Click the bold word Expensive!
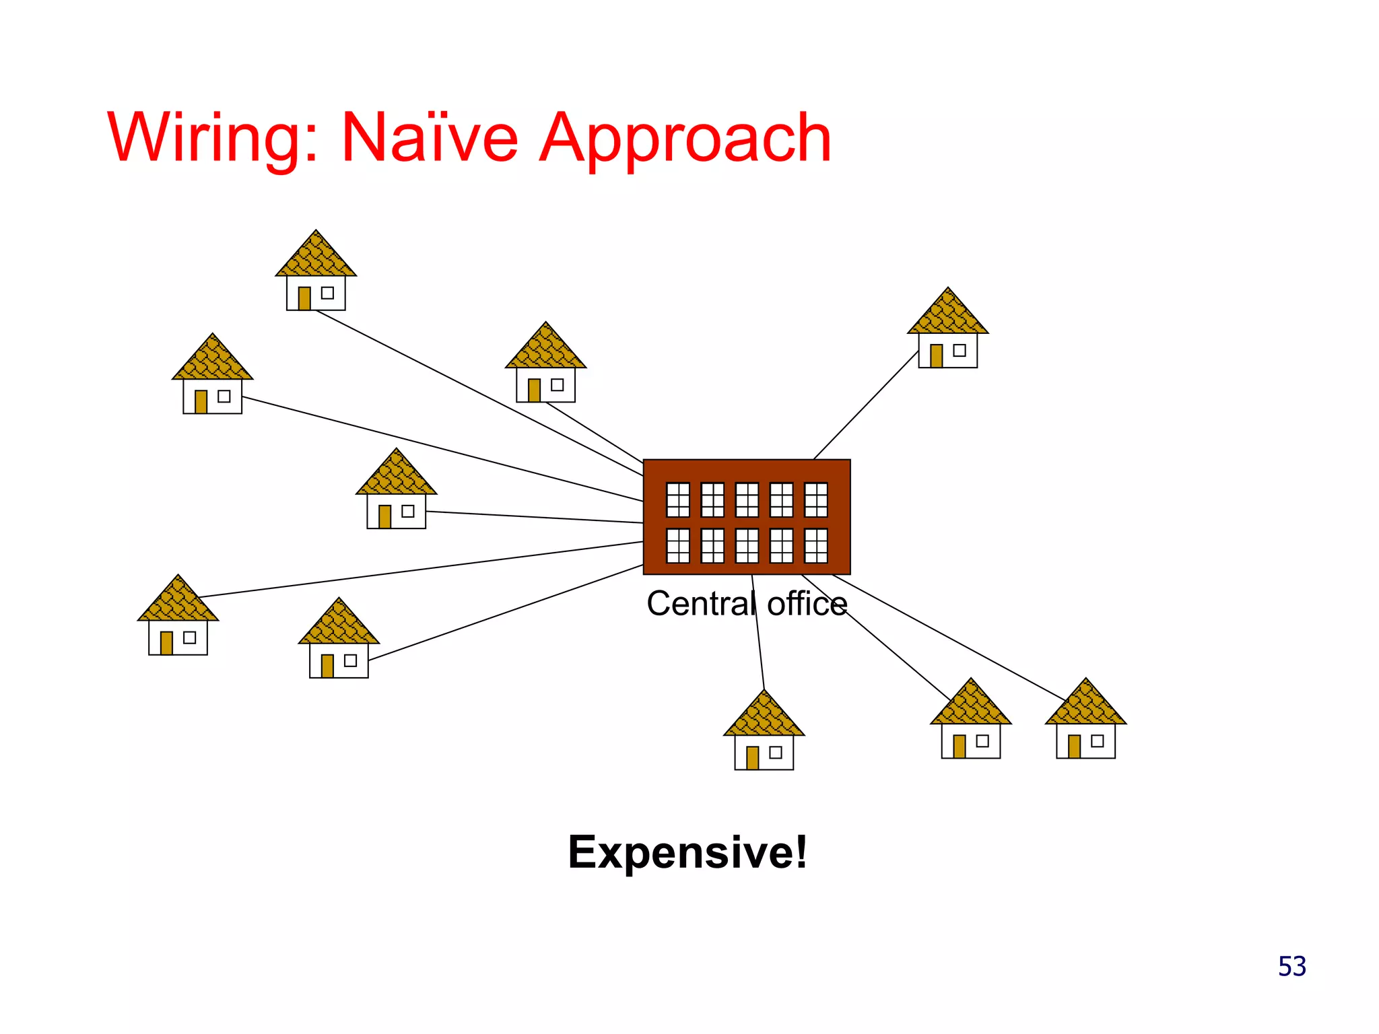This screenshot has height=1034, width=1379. [687, 852]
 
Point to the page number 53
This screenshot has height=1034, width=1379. [1291, 967]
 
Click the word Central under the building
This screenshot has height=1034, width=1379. [701, 604]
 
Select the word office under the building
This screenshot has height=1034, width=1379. [807, 604]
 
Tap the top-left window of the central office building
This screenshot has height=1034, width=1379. [677, 499]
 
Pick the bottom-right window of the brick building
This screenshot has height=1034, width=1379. [816, 545]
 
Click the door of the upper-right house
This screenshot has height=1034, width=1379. [936, 355]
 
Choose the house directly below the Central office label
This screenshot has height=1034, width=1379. [764, 734]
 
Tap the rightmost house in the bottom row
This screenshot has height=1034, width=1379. [1085, 724]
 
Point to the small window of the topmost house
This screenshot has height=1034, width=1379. [327, 293]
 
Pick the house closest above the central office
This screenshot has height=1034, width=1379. [545, 367]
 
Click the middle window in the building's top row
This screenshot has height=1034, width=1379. [747, 499]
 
